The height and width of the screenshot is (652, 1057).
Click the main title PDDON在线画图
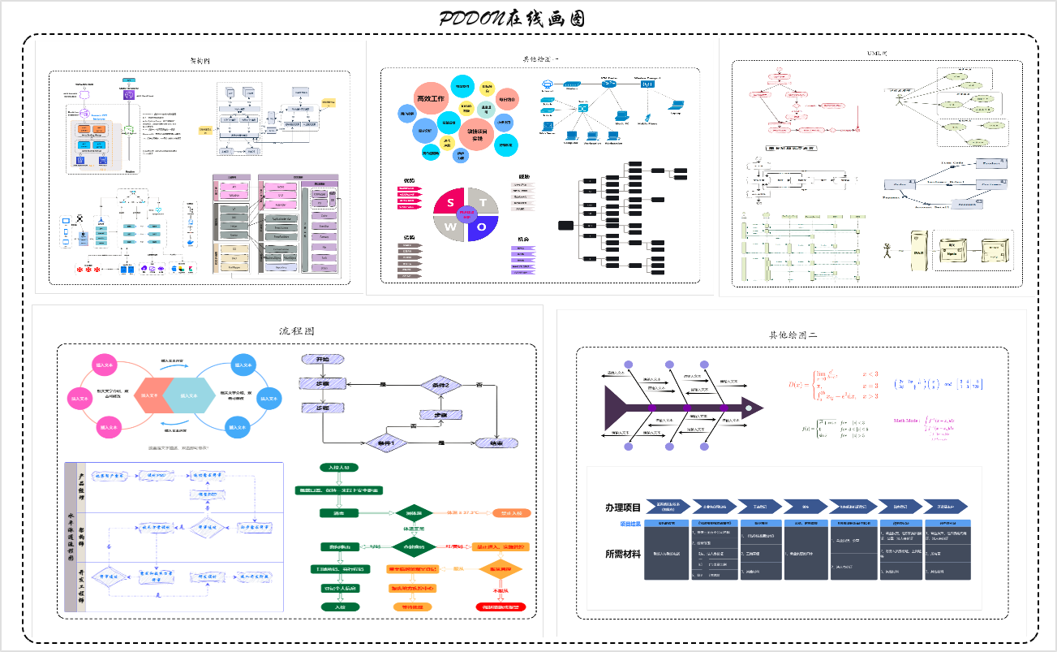512,19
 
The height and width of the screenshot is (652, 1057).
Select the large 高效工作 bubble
432,98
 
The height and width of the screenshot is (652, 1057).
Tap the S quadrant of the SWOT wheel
451,202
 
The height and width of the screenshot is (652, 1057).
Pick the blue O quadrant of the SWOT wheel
482,227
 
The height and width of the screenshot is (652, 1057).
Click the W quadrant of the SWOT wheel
451,227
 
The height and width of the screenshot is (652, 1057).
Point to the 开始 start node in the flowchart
322,358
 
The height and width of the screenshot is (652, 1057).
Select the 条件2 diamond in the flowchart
440,384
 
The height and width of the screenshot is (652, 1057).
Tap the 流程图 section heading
292,331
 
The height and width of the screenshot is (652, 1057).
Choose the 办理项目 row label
622,507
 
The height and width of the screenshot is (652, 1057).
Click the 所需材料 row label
622,555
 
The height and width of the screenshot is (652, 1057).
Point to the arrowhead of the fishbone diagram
754,407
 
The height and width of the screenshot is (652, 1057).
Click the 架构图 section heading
200,61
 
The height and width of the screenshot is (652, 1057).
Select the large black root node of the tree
565,224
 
